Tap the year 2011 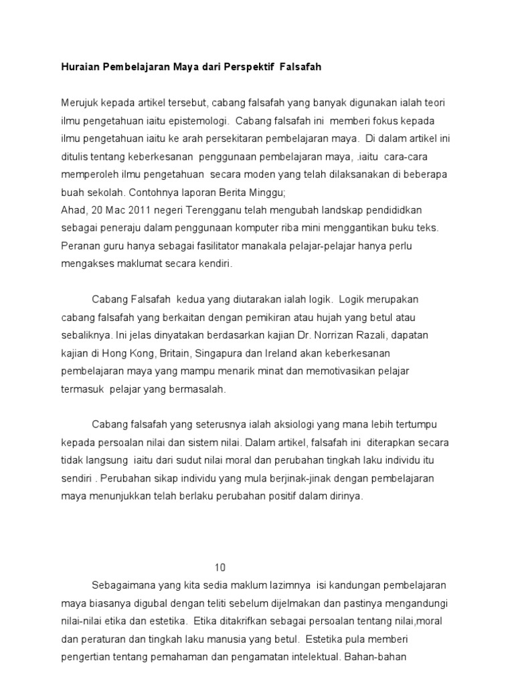[129, 210]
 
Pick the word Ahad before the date [72, 210]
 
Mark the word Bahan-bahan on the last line [372, 658]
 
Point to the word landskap [315, 210]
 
